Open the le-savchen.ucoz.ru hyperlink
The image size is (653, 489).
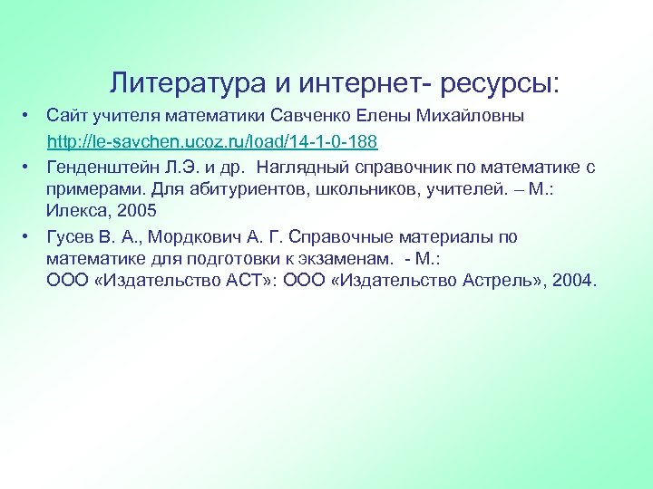(x=212, y=142)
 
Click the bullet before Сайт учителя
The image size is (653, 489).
(x=28, y=118)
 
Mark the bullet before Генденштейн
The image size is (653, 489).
(x=28, y=167)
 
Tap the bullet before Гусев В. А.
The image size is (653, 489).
(x=28, y=237)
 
